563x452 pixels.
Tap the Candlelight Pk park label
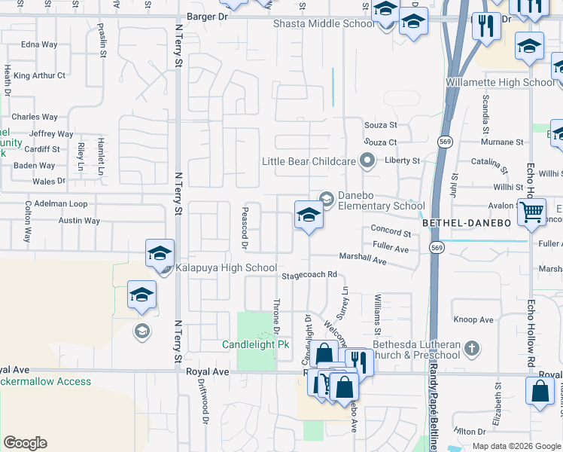(256, 345)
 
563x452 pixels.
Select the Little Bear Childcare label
(309, 161)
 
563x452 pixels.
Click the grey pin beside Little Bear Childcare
(367, 160)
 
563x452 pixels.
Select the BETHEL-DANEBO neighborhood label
(467, 224)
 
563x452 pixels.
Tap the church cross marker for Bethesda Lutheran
(471, 348)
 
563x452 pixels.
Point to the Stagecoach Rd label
(309, 276)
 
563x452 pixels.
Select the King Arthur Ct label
(39, 75)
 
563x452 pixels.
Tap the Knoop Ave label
(474, 320)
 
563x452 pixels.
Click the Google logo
(25, 443)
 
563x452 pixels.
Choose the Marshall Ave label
(362, 259)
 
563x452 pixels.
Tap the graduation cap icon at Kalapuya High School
(160, 253)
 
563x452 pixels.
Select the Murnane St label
(502, 142)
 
